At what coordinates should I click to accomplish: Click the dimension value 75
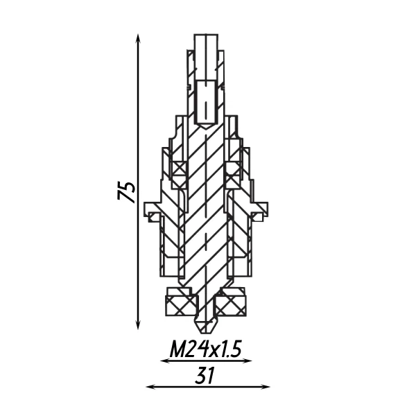point(127,191)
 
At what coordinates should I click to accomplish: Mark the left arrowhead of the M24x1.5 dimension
point(164,361)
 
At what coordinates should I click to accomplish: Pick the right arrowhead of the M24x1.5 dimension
point(249,361)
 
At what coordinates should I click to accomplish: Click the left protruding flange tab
point(151,209)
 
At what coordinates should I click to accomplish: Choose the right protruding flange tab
point(261,209)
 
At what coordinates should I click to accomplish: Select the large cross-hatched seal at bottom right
point(232,304)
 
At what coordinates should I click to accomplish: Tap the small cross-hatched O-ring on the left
point(180,169)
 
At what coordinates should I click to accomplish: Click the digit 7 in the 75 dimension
point(127,198)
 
